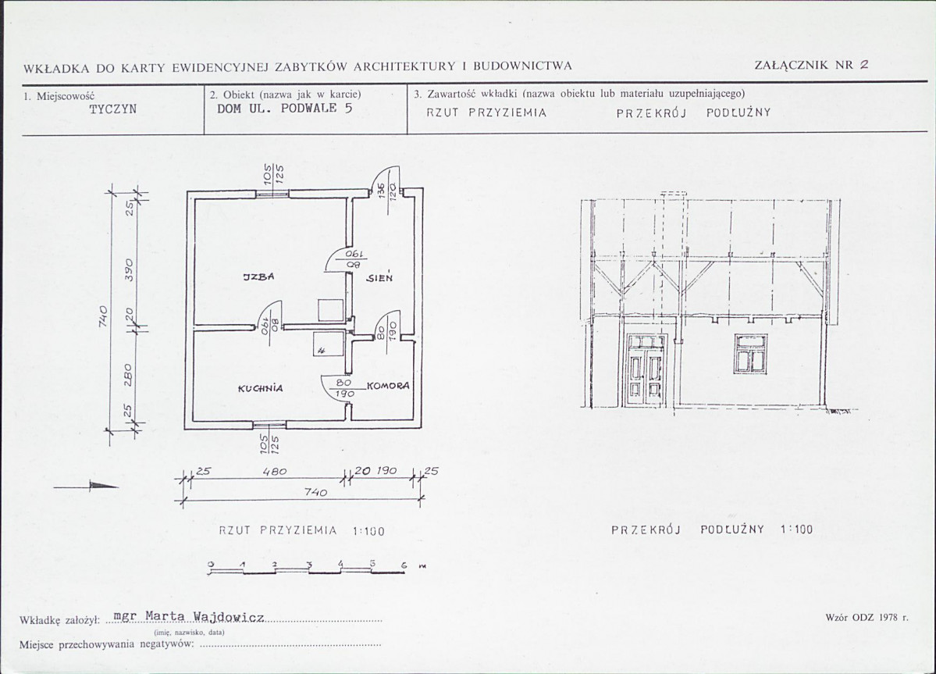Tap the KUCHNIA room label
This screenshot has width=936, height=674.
pos(261,388)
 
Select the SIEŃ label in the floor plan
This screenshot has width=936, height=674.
pos(379,277)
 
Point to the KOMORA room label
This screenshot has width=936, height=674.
pos(388,386)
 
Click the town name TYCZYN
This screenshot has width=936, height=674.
pos(112,109)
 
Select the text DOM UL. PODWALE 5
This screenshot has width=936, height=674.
pos(284,109)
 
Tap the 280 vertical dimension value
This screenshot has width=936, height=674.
pos(130,373)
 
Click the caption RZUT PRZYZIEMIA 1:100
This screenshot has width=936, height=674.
pos(301,530)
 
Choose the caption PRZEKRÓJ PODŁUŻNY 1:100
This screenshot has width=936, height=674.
pos(711,530)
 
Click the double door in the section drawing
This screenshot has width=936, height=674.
pos(645,370)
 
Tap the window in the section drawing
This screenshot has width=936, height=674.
pos(750,353)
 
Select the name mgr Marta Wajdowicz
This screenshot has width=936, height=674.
pos(189,616)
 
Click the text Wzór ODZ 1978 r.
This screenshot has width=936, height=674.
pos(867,618)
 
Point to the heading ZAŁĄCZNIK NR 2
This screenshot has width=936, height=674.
pos(811,66)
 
